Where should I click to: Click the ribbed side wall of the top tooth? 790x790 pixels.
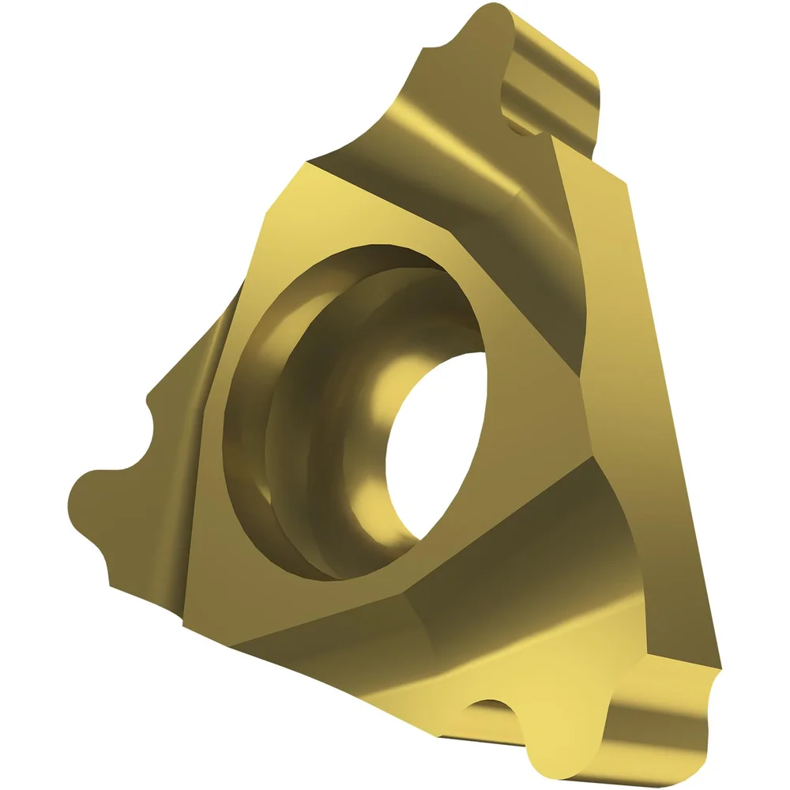point(553,95)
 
